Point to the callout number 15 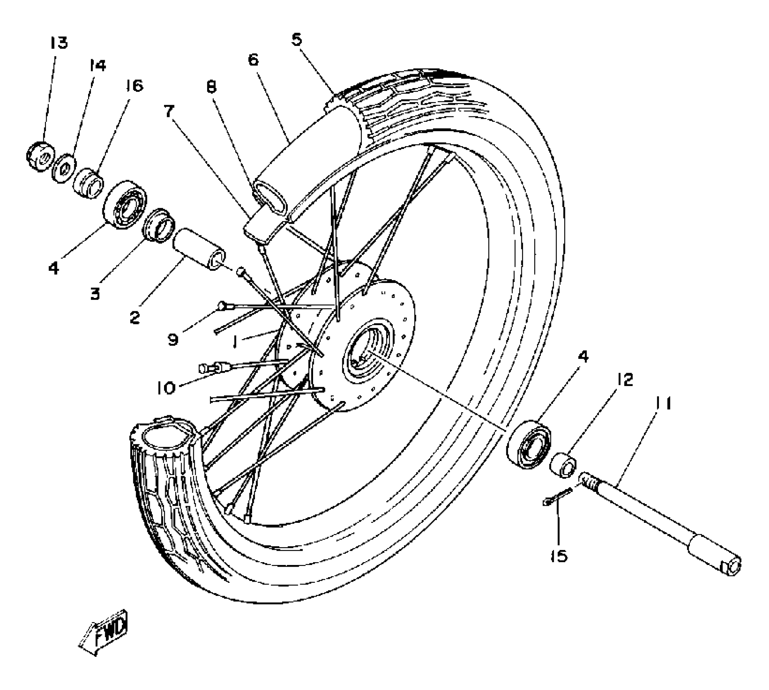(x=559, y=556)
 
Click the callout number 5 (x=297, y=40)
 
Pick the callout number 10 (x=166, y=388)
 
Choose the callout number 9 (x=173, y=339)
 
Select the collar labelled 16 (x=88, y=183)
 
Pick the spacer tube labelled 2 (x=199, y=248)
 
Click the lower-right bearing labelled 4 (x=529, y=445)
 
